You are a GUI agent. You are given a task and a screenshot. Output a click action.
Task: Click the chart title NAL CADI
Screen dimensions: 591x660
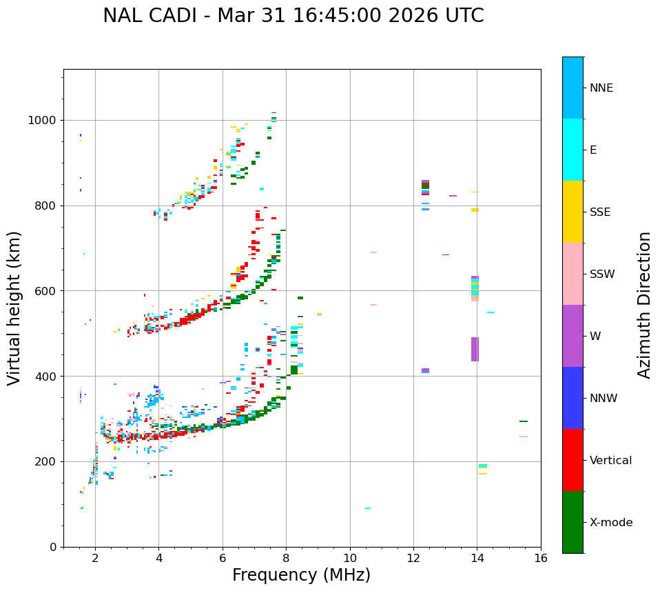pyautogui.click(x=293, y=16)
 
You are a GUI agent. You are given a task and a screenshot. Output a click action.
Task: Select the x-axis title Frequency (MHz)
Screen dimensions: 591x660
pyautogui.click(x=301, y=575)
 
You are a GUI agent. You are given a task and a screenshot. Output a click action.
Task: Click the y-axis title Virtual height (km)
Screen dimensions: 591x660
pyautogui.click(x=14, y=308)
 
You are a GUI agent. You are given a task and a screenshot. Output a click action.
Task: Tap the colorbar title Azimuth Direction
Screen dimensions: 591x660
pyautogui.click(x=644, y=304)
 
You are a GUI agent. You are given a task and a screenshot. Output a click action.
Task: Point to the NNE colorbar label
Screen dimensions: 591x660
pyautogui.click(x=601, y=88)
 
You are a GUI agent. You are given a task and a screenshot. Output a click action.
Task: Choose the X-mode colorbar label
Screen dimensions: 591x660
pyautogui.click(x=610, y=523)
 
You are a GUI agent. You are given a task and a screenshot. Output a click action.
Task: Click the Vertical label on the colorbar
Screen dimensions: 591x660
pyautogui.click(x=610, y=461)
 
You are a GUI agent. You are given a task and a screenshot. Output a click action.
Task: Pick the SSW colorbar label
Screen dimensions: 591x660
pyautogui.click(x=602, y=274)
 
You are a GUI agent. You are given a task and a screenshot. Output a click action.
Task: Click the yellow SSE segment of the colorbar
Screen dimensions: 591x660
pyautogui.click(x=573, y=212)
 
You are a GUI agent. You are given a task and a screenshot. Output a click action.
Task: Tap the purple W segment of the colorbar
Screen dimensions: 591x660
pyautogui.click(x=573, y=336)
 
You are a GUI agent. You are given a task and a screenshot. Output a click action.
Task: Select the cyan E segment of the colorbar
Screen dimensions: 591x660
pyautogui.click(x=573, y=150)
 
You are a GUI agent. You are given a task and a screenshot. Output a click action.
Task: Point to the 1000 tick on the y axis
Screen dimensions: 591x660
pyautogui.click(x=45, y=121)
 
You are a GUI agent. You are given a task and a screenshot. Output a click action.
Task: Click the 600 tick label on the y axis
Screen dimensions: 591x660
pyautogui.click(x=48, y=291)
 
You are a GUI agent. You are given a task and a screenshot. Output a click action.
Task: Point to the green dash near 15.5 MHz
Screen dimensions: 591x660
pyautogui.click(x=524, y=421)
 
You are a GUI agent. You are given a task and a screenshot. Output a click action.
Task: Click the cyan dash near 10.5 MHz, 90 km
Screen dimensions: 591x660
pyautogui.click(x=368, y=508)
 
